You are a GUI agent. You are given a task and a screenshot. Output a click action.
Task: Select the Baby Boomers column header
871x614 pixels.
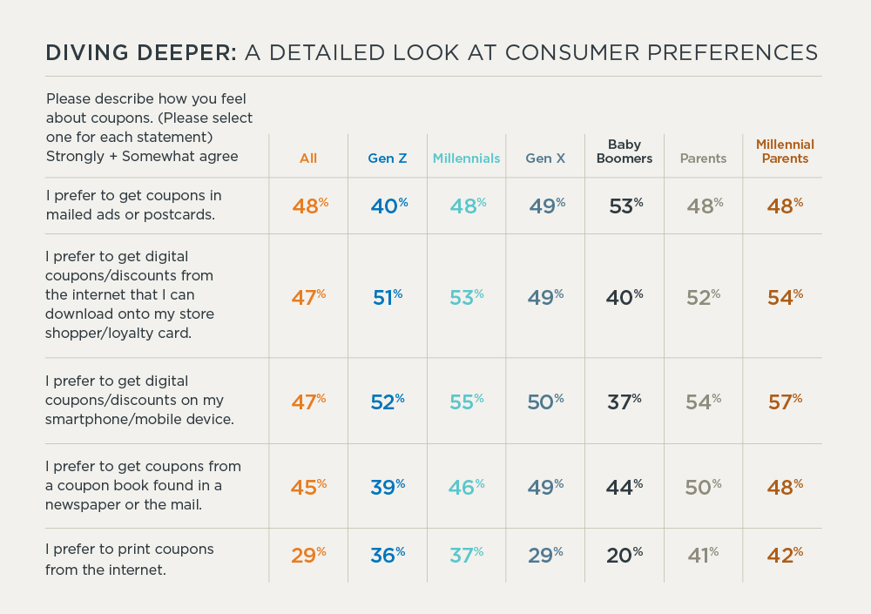coord(625,152)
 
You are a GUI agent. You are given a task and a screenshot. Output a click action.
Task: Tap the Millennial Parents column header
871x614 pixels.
coord(785,152)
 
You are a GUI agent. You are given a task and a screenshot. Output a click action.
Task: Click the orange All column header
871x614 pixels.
coord(308,159)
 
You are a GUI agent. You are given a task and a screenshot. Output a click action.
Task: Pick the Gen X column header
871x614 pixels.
coord(545,159)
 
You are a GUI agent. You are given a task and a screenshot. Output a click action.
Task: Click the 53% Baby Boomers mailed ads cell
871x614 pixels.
coord(625,206)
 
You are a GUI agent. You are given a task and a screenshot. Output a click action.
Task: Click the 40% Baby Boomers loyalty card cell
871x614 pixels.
coord(625,297)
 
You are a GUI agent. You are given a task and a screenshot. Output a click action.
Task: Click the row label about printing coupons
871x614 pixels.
coord(130,559)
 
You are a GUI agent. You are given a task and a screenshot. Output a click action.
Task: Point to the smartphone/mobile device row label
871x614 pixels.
coord(135,400)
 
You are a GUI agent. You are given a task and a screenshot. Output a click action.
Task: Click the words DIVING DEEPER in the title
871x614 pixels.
coord(140,52)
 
